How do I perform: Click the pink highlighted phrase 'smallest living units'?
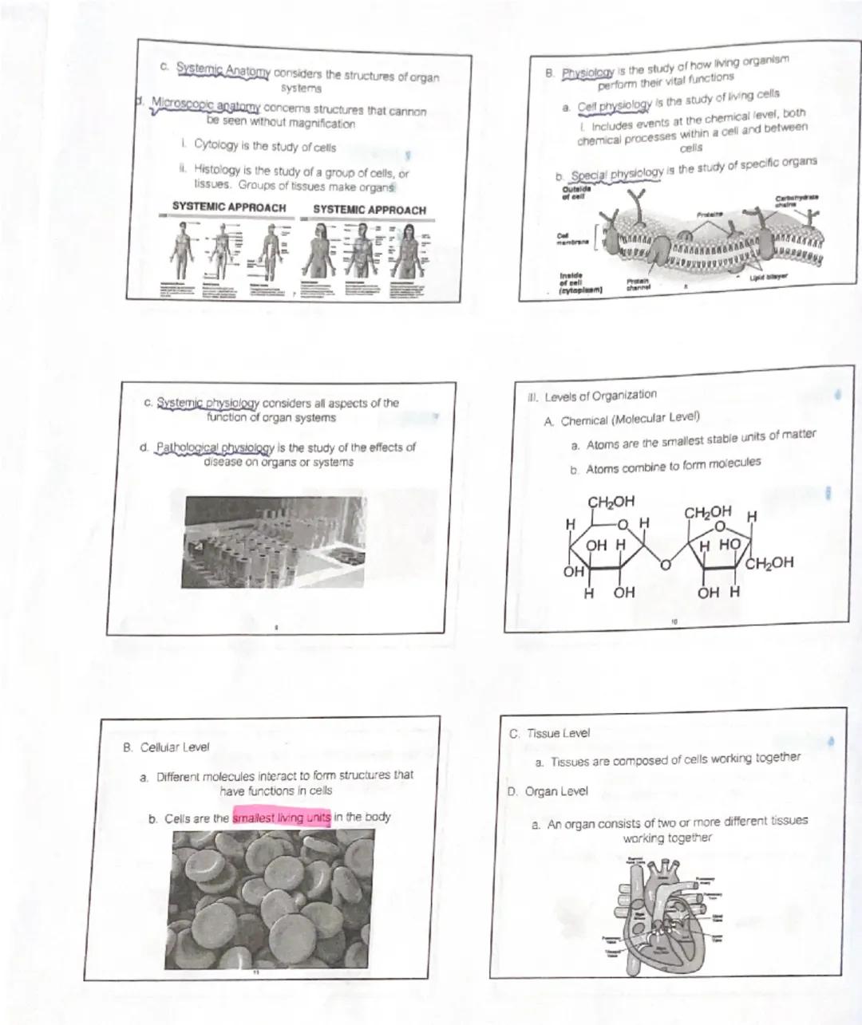point(282,818)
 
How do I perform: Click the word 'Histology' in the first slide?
point(217,171)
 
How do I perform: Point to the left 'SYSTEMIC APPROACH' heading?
point(228,207)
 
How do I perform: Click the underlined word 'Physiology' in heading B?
point(587,73)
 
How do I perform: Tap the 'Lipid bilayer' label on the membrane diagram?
point(768,278)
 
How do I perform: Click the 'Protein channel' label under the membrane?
point(637,285)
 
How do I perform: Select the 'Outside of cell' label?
point(572,193)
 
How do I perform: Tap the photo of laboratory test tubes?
point(274,542)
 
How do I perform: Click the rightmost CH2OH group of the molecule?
point(770,562)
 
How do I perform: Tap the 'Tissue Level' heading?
point(558,732)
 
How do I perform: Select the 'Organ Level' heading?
point(556,791)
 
